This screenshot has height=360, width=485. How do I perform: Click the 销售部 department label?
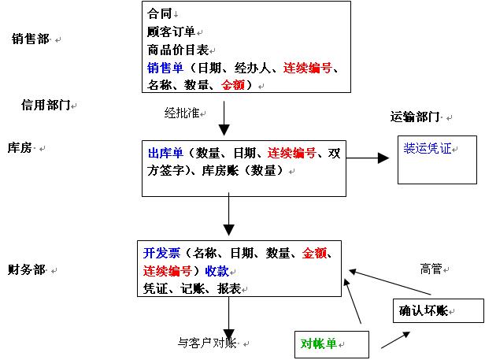[31, 39]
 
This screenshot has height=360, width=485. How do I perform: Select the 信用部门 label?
[46, 106]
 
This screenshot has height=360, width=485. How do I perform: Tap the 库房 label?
[20, 147]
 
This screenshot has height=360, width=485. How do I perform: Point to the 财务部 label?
[27, 269]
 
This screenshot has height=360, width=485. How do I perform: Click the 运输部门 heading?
[415, 117]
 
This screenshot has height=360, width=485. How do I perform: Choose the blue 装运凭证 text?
[428, 148]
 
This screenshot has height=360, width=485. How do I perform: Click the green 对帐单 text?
[319, 343]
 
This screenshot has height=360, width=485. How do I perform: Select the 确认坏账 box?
[439, 310]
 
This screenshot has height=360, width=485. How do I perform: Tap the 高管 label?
[431, 269]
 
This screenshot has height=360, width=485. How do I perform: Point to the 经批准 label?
[182, 113]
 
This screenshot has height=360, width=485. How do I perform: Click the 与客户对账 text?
[207, 343]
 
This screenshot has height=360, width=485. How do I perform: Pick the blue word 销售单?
[165, 68]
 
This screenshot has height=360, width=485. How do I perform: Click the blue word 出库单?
[165, 153]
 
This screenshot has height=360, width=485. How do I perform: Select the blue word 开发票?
[161, 253]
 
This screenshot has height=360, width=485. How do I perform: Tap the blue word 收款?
[217, 271]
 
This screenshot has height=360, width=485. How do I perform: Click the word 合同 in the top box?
[160, 13]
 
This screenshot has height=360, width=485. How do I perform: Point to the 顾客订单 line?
[172, 32]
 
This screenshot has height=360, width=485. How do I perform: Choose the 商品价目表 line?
[178, 50]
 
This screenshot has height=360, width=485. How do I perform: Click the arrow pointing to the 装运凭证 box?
[368, 158]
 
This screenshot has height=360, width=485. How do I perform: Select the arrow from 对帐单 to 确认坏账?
[395, 340]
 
